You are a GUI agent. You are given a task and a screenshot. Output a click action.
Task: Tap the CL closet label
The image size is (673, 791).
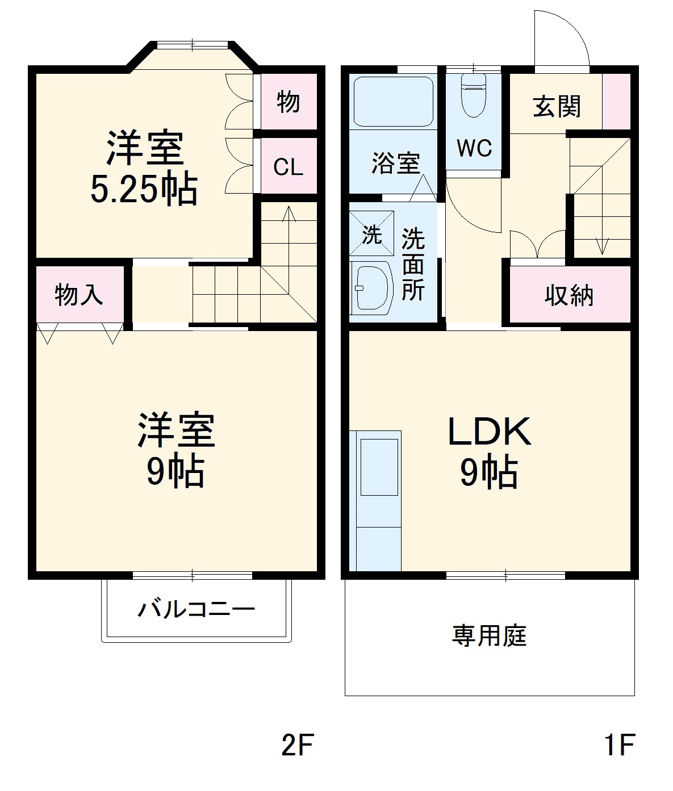point(288,168)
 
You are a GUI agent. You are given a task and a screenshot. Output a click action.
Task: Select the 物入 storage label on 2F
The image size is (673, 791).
point(79,295)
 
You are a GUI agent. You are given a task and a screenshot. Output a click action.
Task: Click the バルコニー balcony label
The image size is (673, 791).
point(197,610)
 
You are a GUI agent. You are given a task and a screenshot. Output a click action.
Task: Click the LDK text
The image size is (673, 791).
point(490,432)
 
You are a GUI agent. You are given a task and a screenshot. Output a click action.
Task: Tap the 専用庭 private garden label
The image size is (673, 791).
point(490,635)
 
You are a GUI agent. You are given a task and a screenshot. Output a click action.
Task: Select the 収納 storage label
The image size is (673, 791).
point(569,295)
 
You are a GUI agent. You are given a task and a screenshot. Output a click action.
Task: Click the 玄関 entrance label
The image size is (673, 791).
point(557,106)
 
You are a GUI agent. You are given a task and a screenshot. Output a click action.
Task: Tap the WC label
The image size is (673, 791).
point(474,148)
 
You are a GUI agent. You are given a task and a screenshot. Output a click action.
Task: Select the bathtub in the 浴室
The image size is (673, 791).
point(393,102)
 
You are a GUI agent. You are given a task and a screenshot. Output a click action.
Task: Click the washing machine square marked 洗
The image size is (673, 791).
point(371,233)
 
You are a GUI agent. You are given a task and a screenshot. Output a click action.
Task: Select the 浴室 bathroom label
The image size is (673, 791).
point(396,164)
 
